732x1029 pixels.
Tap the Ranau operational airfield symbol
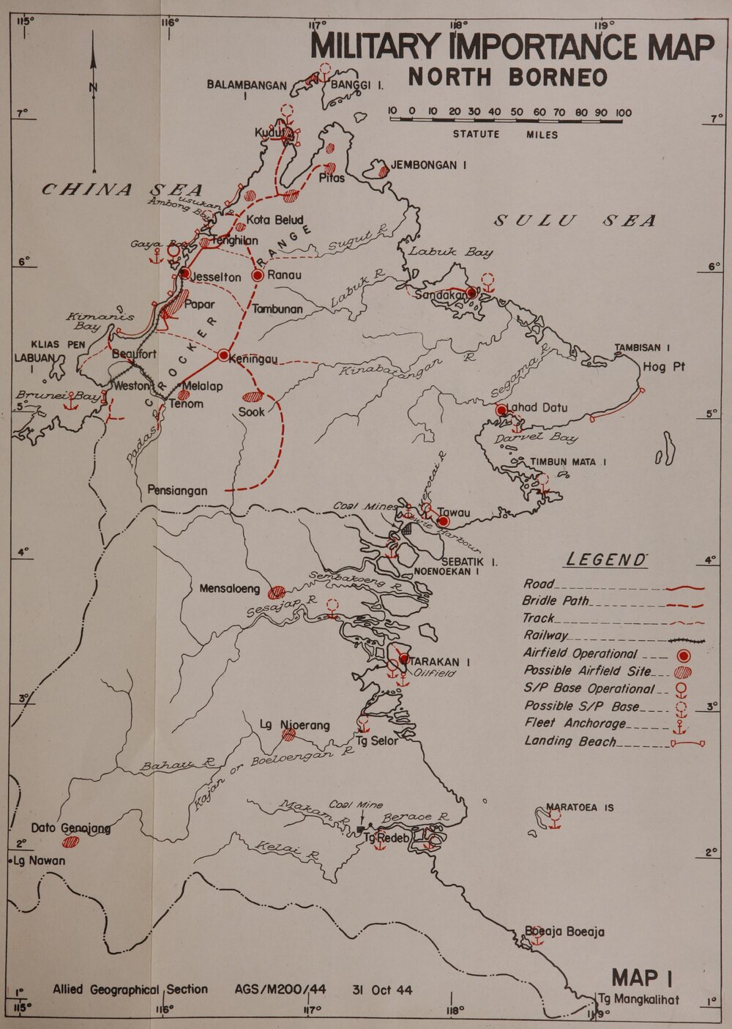pos(258,275)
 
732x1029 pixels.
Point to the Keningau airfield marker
pos(223,355)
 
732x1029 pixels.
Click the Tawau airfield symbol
pos(443,521)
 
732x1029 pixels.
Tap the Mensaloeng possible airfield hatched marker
pos(277,592)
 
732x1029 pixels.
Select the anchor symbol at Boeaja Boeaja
pos(537,940)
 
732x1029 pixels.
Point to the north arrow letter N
pos(93,89)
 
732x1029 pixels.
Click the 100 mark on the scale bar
pos(623,113)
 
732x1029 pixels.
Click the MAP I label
pos(642,977)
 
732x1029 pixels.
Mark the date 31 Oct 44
pos(381,990)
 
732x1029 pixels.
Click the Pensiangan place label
pos(177,491)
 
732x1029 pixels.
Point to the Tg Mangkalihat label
pos(638,1000)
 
